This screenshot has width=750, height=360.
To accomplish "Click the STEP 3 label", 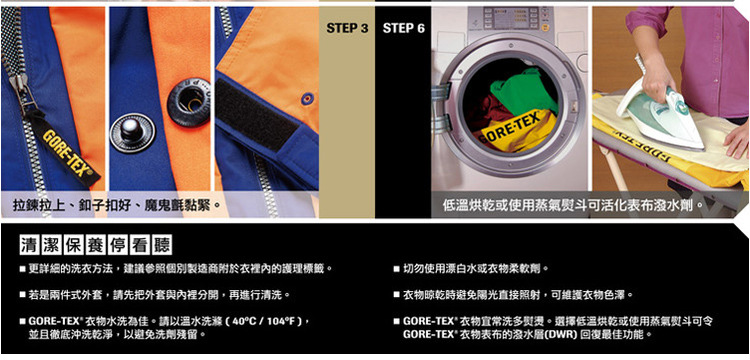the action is tap(347, 29).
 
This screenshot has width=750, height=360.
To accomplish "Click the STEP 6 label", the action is tap(404, 29).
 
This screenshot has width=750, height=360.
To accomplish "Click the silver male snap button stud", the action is tap(132, 132).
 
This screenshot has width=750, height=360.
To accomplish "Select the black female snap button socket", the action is tap(188, 102).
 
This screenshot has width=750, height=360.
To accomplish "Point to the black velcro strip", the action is tap(257, 114).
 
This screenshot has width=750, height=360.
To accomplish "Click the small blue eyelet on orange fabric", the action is tap(307, 99).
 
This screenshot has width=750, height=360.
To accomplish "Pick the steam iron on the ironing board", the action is tap(660, 115).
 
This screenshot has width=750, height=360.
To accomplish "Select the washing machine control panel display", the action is tap(510, 18).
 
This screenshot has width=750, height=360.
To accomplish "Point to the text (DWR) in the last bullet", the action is tap(563, 334).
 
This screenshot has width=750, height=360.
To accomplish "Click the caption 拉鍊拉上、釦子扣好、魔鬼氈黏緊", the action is tap(113, 207).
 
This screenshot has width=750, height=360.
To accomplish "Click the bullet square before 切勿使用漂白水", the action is tap(397, 269).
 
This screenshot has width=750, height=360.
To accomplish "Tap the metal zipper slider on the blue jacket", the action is tap(21, 92).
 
